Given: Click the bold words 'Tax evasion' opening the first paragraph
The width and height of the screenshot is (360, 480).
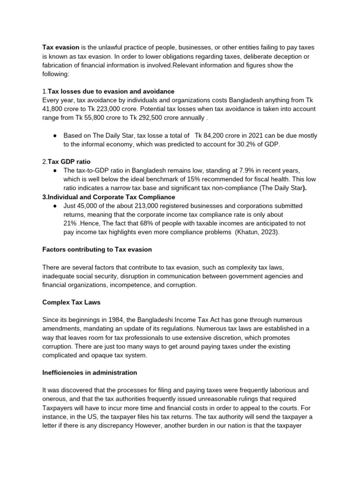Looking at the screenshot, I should [60, 47].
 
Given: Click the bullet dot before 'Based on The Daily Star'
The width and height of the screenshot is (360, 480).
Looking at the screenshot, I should [55, 135].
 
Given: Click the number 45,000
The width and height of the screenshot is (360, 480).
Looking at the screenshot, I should [91, 206].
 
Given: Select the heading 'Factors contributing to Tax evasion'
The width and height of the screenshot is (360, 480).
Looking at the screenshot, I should [97, 249].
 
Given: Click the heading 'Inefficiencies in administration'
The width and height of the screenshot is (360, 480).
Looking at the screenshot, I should [90, 373].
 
